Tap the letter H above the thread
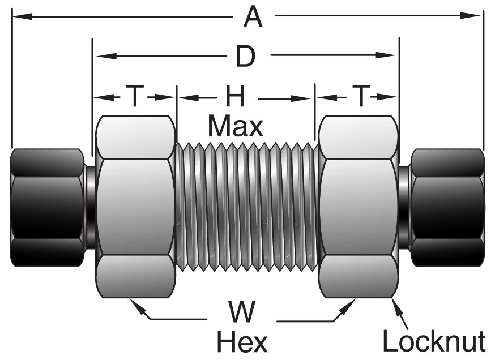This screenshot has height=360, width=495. coord(235,97)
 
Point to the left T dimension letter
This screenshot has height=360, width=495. coord(134,97)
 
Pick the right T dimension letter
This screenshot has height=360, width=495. coord(360,97)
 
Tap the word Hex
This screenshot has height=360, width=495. coord(242,341)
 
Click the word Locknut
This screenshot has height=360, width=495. coord(434,341)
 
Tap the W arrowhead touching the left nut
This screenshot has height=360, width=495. coord(134,303)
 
